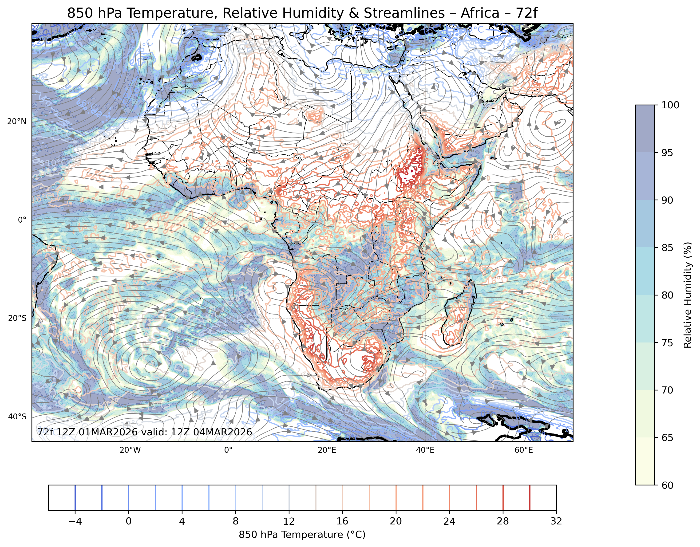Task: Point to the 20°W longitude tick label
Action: tap(130, 450)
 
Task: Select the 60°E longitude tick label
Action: tap(524, 450)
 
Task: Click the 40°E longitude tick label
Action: tap(425, 450)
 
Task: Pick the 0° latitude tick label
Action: tap(22, 220)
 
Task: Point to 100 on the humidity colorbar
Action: tap(671, 105)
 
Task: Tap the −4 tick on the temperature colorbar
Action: tap(75, 521)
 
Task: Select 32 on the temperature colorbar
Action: tap(556, 521)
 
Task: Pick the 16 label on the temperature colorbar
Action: tap(342, 521)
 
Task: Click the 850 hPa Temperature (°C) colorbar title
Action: tap(302, 535)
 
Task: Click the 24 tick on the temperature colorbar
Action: tap(449, 521)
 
